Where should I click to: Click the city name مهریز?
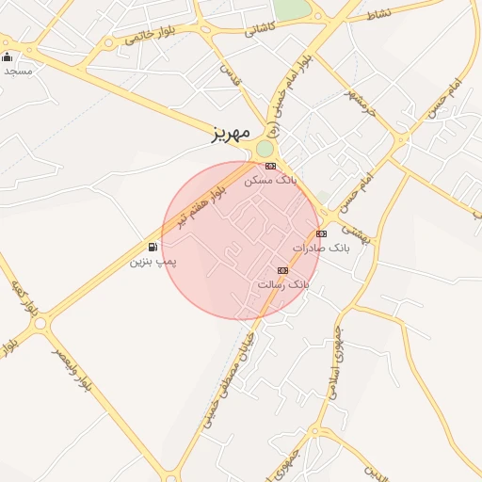[231, 136]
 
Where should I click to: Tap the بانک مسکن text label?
[270, 178]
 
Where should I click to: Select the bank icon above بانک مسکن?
[270, 166]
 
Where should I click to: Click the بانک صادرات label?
[320, 248]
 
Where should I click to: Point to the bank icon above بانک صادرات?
[321, 233]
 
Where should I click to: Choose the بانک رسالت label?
[282, 283]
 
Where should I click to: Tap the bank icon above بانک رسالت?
[282, 270]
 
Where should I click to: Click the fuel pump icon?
[153, 247]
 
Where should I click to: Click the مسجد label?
[16, 71]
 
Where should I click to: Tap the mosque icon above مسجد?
[8, 57]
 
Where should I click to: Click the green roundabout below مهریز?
[265, 149]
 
